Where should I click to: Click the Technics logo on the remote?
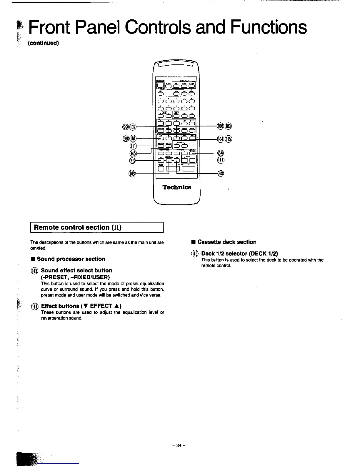(x=176, y=187)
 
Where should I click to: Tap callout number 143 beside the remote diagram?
(x=132, y=173)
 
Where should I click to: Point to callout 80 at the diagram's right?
(x=221, y=173)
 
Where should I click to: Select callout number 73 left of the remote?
(x=132, y=160)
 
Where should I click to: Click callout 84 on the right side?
(x=221, y=153)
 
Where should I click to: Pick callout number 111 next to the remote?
(x=133, y=146)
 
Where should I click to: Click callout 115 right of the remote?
(x=229, y=139)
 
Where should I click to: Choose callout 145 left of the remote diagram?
(x=133, y=153)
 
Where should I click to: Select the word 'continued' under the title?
(x=43, y=43)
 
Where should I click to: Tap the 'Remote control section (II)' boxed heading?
(x=97, y=227)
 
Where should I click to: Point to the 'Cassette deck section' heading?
(x=227, y=242)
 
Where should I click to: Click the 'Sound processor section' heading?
(x=71, y=259)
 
